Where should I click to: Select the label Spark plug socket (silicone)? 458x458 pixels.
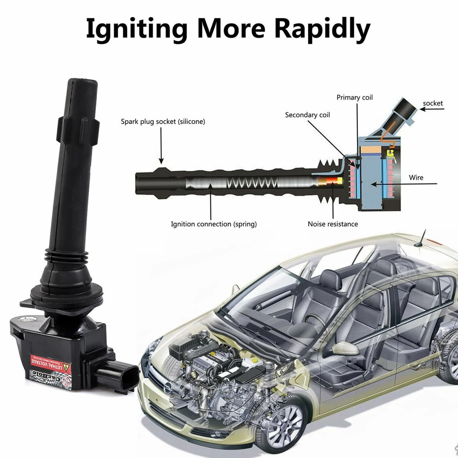[163, 122]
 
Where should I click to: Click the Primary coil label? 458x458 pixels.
[354, 97]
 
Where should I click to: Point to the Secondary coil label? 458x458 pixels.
[307, 115]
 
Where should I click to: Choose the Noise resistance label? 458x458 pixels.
[333, 224]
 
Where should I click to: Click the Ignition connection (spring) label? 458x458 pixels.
[214, 224]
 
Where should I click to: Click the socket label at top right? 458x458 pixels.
[433, 103]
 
